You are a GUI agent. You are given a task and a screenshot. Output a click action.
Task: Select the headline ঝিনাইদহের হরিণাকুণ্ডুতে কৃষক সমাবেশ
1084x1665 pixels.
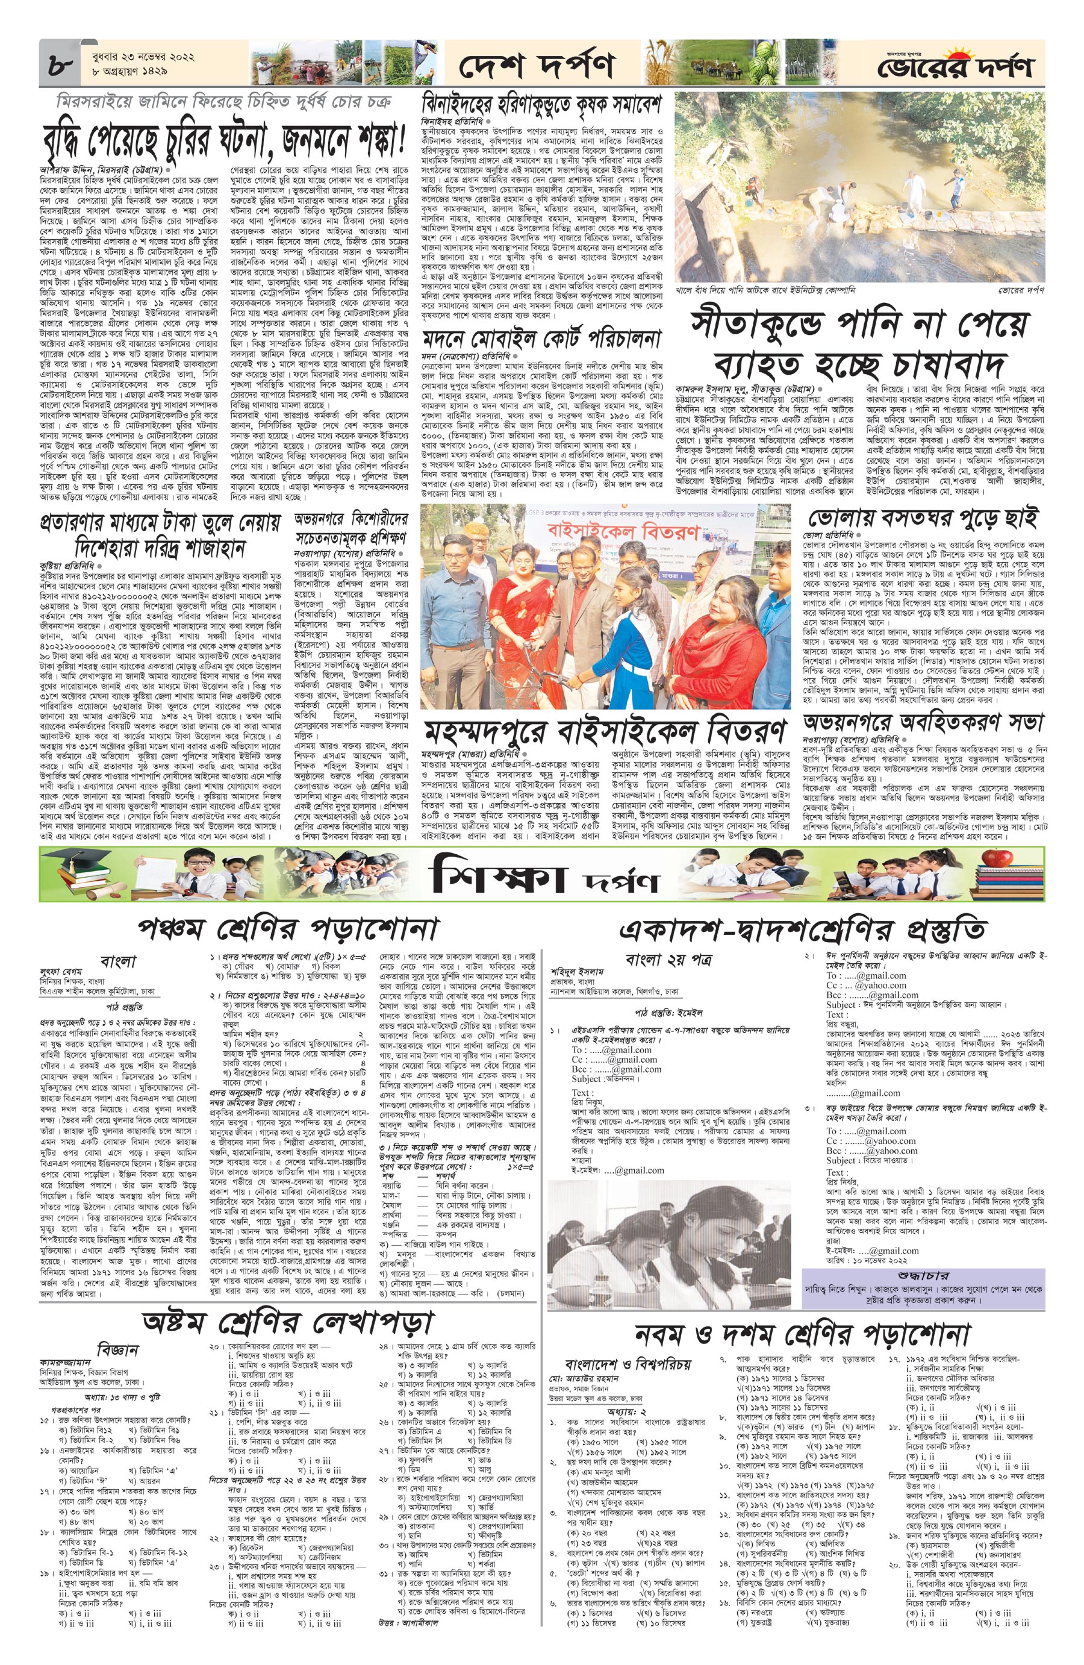(x=541, y=105)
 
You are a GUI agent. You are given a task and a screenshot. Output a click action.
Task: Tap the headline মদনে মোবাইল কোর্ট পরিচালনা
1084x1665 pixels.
(x=541, y=340)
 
